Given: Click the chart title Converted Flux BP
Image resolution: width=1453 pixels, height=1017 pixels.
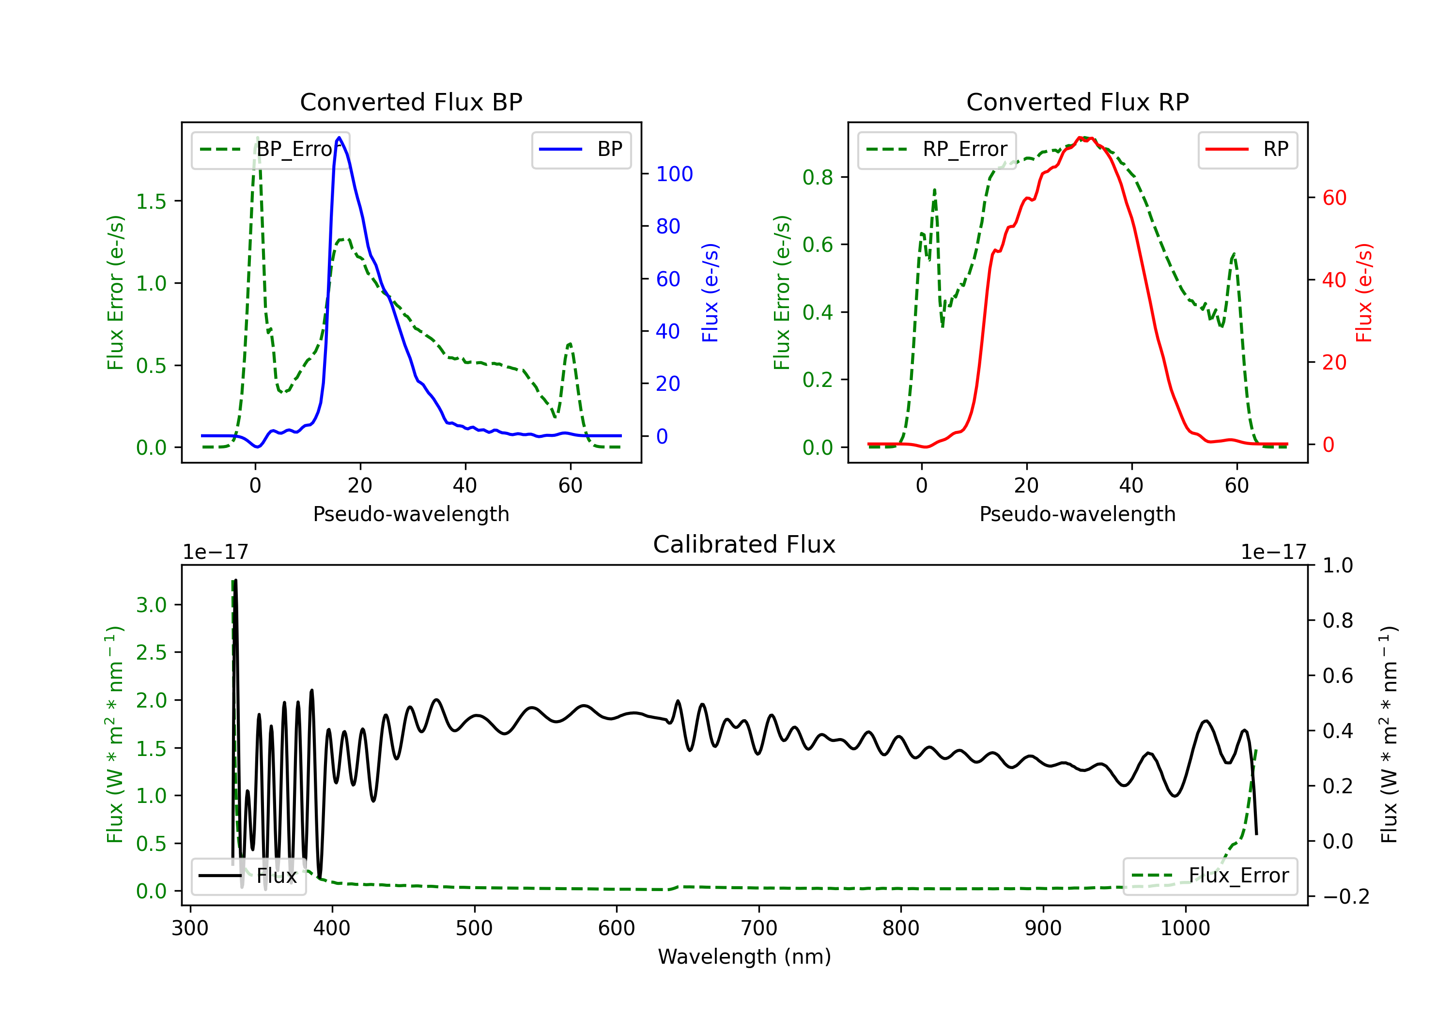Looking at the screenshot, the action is (411, 102).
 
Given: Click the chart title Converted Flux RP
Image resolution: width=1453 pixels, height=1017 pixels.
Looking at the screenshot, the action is (1078, 102).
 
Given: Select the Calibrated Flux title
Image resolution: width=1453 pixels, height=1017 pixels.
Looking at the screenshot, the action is (744, 544).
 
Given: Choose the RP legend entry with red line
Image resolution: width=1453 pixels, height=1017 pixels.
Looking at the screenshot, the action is (1247, 149).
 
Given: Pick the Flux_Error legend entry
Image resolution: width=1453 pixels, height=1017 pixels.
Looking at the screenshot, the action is (1210, 876).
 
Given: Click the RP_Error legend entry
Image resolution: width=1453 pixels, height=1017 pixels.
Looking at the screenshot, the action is (937, 149).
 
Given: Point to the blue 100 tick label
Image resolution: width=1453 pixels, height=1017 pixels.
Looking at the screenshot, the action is (675, 174).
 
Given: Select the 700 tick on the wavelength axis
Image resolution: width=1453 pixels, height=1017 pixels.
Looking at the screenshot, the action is (759, 928).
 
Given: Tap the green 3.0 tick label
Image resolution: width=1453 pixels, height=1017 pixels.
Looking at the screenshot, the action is (151, 605).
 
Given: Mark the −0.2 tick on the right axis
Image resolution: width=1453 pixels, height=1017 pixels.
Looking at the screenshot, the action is (1346, 897).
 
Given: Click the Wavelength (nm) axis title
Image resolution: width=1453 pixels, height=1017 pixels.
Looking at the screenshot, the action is (744, 957).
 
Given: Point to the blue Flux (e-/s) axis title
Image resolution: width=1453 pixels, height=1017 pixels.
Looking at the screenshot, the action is (710, 293).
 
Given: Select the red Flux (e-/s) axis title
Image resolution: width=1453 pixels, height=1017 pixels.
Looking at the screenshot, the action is (1364, 293).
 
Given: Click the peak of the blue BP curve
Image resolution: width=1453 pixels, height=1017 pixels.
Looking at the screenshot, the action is (339, 138).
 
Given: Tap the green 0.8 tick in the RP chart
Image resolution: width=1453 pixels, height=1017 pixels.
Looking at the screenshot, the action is (818, 177).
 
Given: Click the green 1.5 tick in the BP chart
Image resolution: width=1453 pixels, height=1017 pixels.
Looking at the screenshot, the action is (151, 201).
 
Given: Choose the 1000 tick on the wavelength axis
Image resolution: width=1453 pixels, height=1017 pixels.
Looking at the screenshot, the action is (1185, 928).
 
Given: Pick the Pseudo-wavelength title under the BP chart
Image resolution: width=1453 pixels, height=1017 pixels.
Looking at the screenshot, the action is (411, 514).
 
